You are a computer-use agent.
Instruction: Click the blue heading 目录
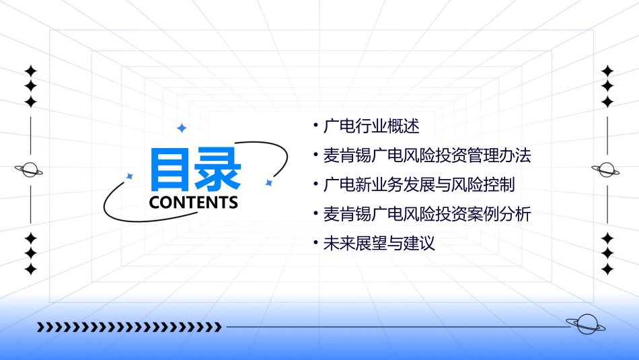pos(195,170)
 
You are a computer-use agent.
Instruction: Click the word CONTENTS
pos(193,203)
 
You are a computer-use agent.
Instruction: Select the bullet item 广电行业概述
pos(371,126)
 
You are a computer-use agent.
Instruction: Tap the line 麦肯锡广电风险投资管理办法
pos(427,155)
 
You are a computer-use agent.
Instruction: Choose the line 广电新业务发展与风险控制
pos(419,184)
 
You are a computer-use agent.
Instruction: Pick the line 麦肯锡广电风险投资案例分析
pos(427,214)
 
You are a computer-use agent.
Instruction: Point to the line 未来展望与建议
pos(379,244)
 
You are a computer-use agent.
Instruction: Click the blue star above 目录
pos(181,128)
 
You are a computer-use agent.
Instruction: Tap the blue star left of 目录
pos(130,176)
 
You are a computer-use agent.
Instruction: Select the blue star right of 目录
pos(268,182)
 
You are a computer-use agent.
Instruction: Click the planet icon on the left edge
pos(30,170)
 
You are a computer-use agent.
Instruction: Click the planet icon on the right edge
pos(607,170)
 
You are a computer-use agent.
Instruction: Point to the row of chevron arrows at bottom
pos(129,327)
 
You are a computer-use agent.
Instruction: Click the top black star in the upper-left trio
pos(30,71)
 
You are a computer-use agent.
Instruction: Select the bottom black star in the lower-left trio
pos(30,269)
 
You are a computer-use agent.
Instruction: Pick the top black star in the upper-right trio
pos(607,71)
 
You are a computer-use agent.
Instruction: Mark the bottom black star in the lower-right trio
pos(607,269)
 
